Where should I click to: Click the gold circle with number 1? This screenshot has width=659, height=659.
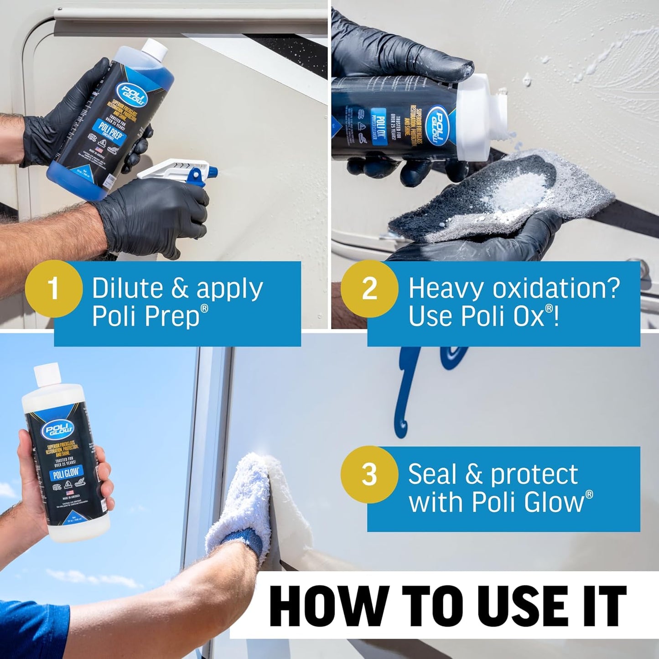(x=54, y=288)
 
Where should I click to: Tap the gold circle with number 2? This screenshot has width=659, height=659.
(x=369, y=288)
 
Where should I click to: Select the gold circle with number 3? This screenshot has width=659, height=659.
(x=369, y=474)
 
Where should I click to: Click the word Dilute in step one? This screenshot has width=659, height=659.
(x=127, y=288)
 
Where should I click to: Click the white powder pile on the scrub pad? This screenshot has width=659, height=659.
(x=524, y=192)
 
